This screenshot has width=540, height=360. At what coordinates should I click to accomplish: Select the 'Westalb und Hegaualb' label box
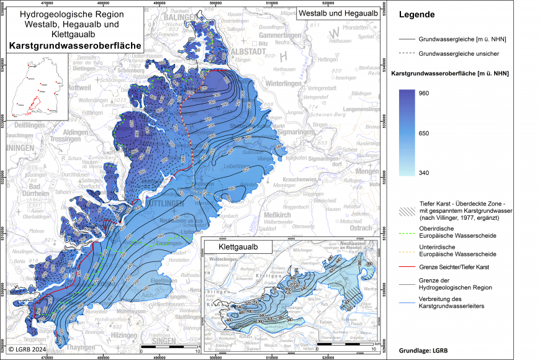coord(338,12)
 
